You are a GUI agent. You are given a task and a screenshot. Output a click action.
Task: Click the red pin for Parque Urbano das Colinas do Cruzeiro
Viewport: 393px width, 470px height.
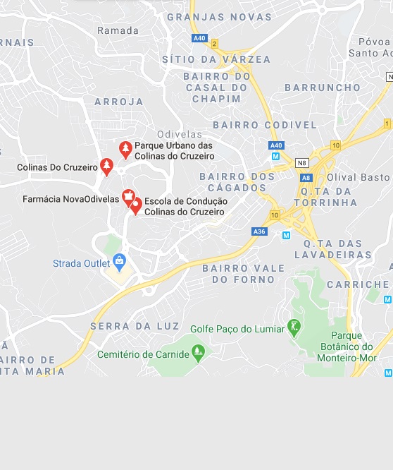(125, 149)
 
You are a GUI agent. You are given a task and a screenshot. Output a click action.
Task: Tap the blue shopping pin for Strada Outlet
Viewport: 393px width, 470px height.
(119, 262)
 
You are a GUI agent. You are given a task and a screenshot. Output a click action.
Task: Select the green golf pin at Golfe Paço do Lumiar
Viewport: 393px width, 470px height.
(294, 327)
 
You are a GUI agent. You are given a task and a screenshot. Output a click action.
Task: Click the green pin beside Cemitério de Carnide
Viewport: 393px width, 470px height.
(199, 351)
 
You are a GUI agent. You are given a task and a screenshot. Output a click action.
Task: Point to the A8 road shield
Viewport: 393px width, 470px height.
(306, 179)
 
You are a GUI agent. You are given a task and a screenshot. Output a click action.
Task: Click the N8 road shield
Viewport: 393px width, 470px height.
(302, 163)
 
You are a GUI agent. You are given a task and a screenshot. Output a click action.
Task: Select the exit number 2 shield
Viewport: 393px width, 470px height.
(214, 44)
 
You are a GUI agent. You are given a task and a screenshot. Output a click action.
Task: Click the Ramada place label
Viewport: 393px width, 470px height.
(118, 30)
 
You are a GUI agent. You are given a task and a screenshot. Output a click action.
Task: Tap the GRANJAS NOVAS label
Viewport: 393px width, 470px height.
(219, 17)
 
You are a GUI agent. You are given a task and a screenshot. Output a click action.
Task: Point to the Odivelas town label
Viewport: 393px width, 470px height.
(180, 134)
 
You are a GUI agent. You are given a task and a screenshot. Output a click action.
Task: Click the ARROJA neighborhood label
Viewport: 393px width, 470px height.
(119, 102)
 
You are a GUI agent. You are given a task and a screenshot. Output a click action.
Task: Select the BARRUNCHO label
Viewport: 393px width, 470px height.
(323, 88)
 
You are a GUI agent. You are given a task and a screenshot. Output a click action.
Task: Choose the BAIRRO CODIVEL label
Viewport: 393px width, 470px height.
(265, 125)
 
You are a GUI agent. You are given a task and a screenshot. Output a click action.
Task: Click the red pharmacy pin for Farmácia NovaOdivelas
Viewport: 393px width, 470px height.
(128, 196)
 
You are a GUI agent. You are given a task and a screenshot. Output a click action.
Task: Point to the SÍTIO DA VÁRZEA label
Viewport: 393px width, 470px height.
(216, 59)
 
